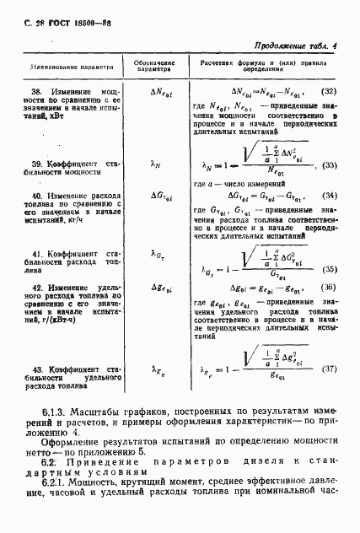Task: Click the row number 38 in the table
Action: (x=37, y=90)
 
